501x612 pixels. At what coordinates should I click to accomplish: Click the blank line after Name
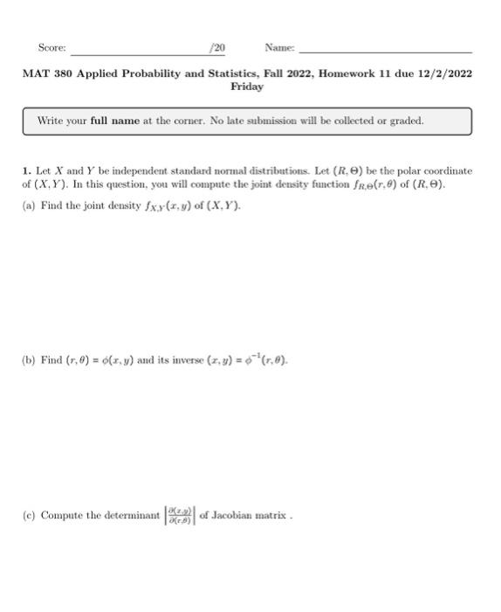point(384,52)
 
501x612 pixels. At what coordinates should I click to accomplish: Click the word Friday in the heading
point(247,87)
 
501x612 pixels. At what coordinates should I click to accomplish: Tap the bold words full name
point(114,121)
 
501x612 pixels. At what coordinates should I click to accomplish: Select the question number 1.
point(25,171)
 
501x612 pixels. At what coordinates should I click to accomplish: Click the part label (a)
point(29,205)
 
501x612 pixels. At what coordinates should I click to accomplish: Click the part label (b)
point(29,360)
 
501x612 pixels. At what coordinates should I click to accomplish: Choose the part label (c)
point(29,515)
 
